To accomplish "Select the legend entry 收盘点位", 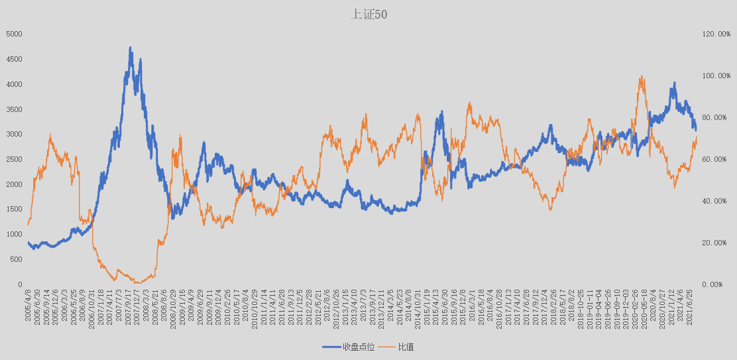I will pyautogui.click(x=359, y=347).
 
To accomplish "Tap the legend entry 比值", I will pyautogui.click(x=406, y=347).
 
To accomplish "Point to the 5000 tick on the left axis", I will pyautogui.click(x=14, y=34).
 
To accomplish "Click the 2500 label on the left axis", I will pyautogui.click(x=14, y=159).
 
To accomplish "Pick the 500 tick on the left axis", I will pyautogui.click(x=17, y=259).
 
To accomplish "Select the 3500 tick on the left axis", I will pyautogui.click(x=14, y=109).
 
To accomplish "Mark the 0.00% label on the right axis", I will pyautogui.click(x=715, y=284).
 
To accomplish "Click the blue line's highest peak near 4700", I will pyautogui.click(x=131, y=48).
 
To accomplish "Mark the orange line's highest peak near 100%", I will pyautogui.click(x=642, y=77).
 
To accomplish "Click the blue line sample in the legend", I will pyautogui.click(x=331, y=347).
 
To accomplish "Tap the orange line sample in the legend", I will pyautogui.click(x=388, y=347).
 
